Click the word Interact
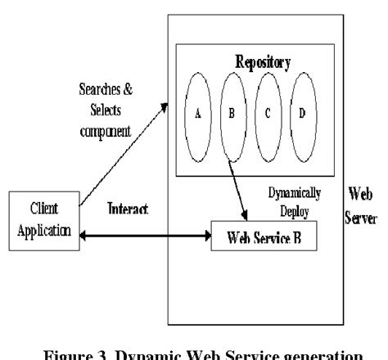pyautogui.click(x=129, y=211)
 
